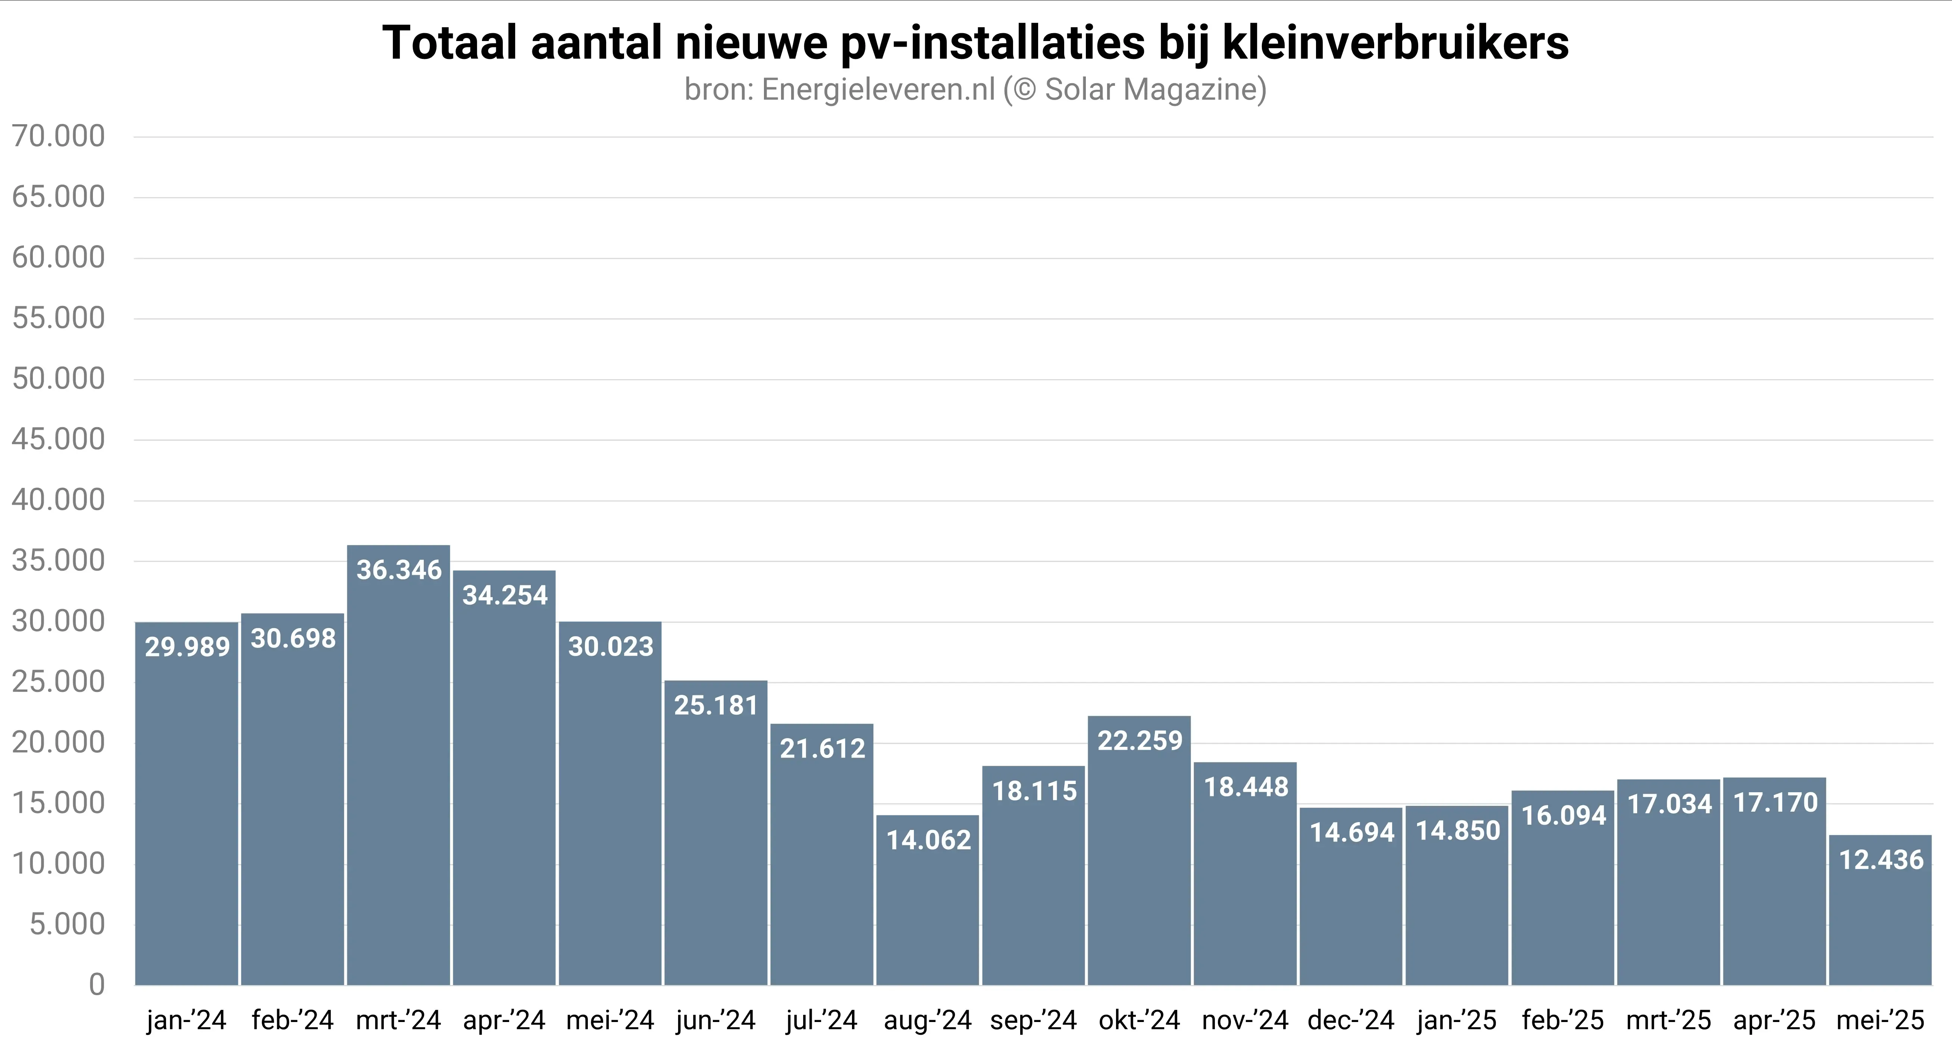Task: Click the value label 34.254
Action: click(x=505, y=595)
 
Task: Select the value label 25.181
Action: click(x=716, y=705)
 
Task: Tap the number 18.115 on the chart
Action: click(x=1034, y=791)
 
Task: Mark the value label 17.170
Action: click(x=1776, y=802)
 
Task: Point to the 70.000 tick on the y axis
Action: click(x=58, y=137)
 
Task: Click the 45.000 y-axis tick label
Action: click(x=58, y=439)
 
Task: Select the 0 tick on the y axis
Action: click(x=96, y=985)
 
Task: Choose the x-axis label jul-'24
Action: click(x=821, y=1021)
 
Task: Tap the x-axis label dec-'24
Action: click(x=1351, y=1021)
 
